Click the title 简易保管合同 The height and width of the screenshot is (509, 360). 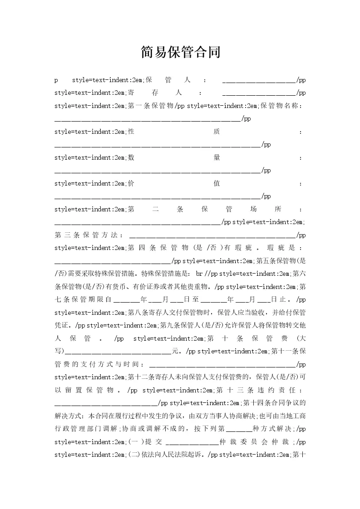180,52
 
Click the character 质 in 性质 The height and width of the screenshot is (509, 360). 217,132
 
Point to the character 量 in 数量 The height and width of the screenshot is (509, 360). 217,158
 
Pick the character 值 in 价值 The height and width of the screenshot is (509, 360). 217,184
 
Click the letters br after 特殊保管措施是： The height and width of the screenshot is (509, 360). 199,274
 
